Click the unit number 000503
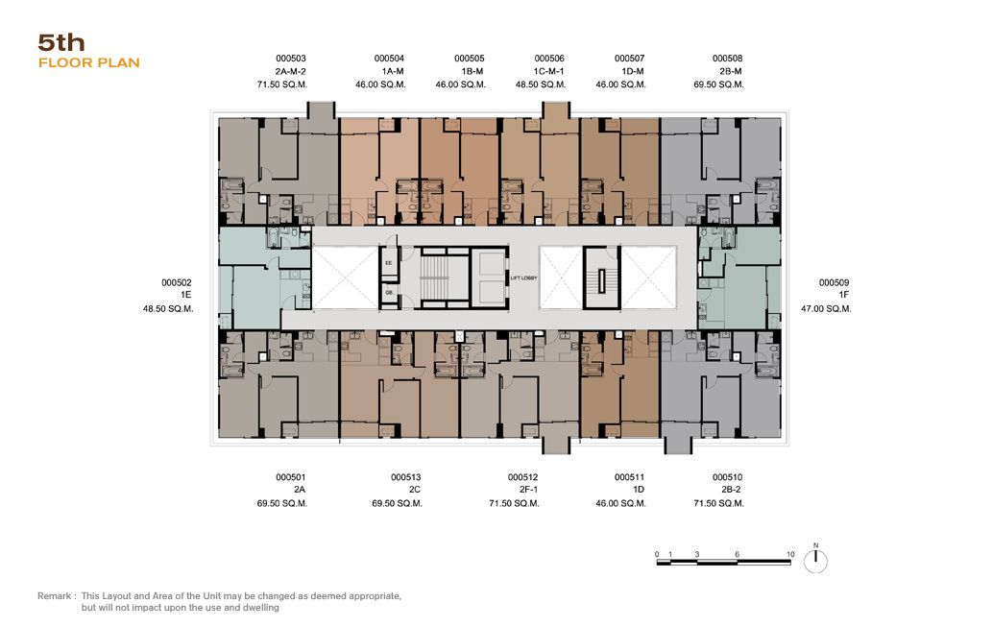tap(291, 59)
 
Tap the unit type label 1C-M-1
tap(548, 72)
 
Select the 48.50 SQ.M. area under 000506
tap(541, 84)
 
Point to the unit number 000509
tap(834, 282)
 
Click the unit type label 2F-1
tap(529, 490)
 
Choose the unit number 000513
tap(406, 477)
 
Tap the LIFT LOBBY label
tap(523, 278)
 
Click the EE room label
tap(389, 262)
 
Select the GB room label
tap(389, 293)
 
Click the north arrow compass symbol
tap(815, 561)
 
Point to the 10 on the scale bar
tap(790, 554)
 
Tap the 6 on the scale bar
tap(738, 554)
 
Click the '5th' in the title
tap(61, 42)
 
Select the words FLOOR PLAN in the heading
tap(89, 62)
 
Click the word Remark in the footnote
tap(55, 596)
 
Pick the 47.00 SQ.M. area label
tap(826, 309)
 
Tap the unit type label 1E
tap(185, 295)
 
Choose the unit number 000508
tap(728, 59)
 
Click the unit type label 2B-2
tap(731, 490)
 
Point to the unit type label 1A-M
tap(393, 72)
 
